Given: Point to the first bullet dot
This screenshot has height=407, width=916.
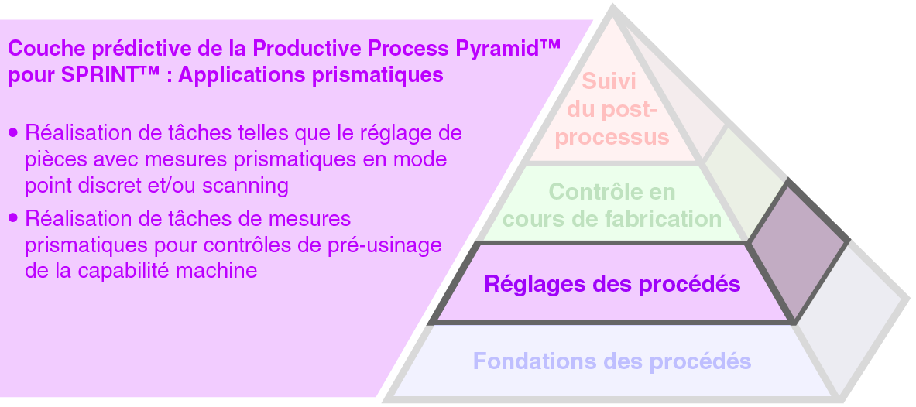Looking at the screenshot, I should (x=12, y=133).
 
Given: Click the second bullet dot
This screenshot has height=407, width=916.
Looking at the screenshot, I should (x=12, y=219).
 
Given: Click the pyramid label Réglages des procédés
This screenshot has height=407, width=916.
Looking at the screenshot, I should (x=612, y=284).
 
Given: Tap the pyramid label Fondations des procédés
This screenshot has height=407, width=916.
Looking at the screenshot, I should (x=612, y=361).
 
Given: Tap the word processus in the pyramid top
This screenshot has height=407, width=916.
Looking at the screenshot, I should (x=612, y=138).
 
